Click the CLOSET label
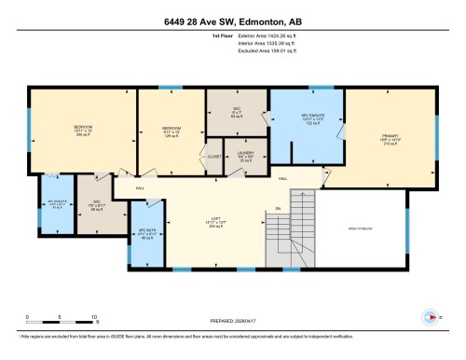pyautogui.click(x=213, y=156)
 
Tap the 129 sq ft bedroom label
pyautogui.click(x=170, y=131)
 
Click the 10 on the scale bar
pyautogui.click(x=95, y=316)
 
